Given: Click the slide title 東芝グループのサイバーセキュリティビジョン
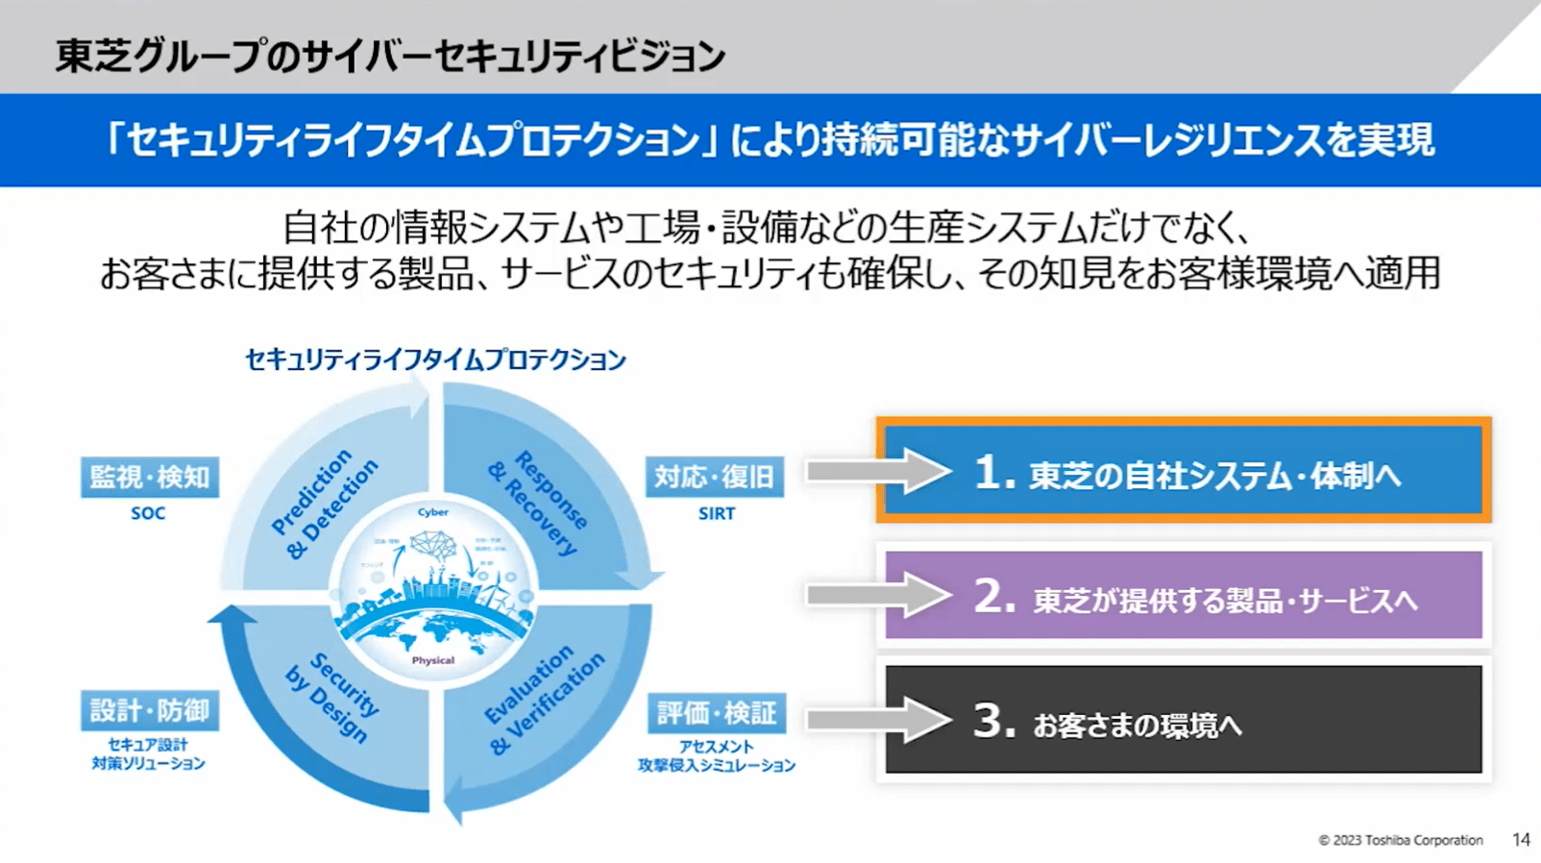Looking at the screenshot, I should click(x=389, y=56).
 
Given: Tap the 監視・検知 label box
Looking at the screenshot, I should click(x=150, y=478).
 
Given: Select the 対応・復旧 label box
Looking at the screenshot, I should click(x=714, y=478).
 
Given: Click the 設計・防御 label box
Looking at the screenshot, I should click(x=150, y=711).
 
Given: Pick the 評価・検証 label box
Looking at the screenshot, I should click(x=716, y=713).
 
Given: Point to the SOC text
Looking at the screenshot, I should click(x=148, y=513).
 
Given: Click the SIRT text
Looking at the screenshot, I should click(x=717, y=513).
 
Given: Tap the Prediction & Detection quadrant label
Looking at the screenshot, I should click(x=325, y=504).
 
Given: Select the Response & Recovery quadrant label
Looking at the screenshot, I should click(x=538, y=502).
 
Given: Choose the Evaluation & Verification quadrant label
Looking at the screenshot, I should click(x=543, y=699).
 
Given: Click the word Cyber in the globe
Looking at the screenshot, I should click(x=432, y=512).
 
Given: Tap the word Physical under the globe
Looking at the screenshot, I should click(x=432, y=660).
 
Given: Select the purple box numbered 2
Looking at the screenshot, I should click(x=1183, y=596).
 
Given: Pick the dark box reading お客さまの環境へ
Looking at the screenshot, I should click(x=1183, y=720).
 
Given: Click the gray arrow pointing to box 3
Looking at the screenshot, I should click(x=877, y=720).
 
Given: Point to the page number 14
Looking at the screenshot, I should click(x=1521, y=840).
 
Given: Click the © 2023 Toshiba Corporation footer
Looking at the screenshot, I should click(x=1400, y=840).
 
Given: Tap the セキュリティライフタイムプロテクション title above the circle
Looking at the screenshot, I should click(x=435, y=359).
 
